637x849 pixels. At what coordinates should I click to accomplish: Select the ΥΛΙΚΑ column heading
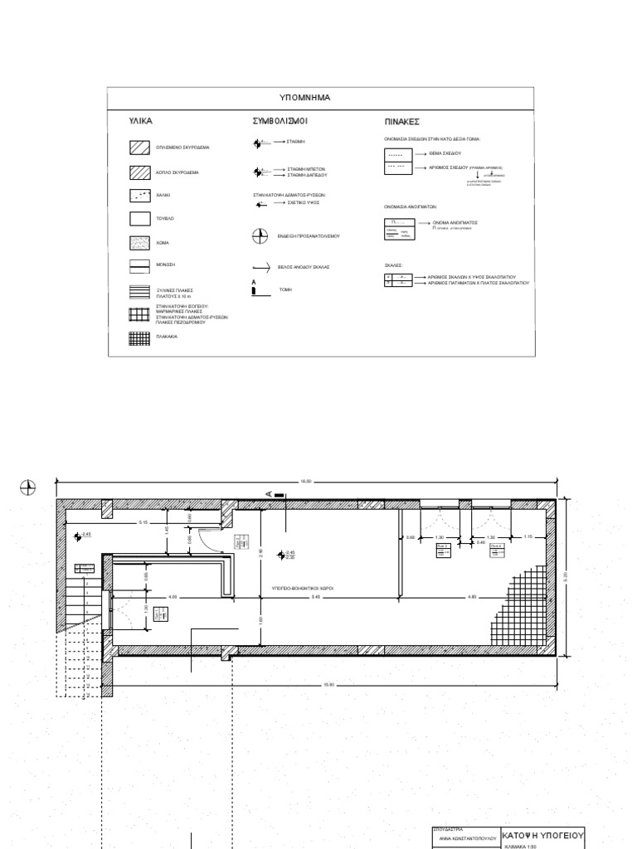141,121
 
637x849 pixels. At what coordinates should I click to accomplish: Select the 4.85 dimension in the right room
472,597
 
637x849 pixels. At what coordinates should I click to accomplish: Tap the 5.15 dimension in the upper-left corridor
143,522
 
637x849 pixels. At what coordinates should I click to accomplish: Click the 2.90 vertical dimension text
260,552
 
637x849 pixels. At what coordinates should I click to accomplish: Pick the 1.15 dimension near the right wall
528,537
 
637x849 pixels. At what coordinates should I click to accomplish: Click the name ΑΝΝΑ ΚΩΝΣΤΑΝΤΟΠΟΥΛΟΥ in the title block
466,838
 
